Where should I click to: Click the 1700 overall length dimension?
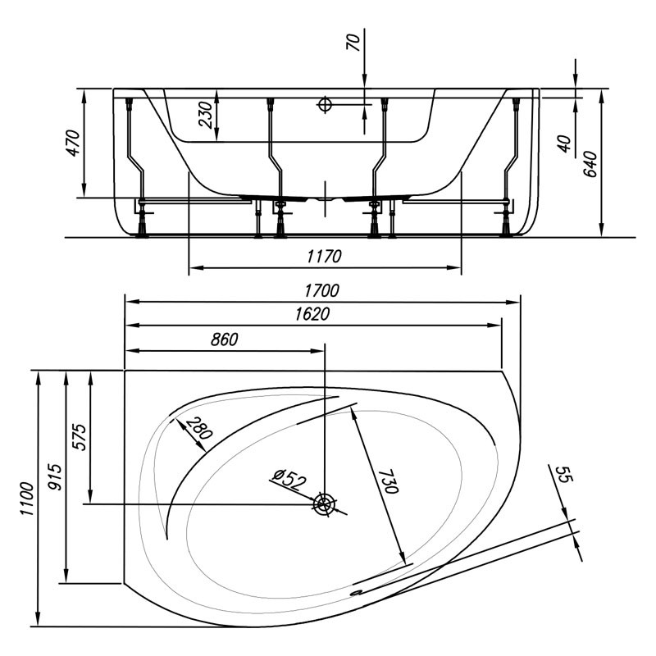[x=323, y=291]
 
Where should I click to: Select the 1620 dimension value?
[x=312, y=315]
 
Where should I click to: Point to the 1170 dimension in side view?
[x=324, y=257]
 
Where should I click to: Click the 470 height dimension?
[x=73, y=143]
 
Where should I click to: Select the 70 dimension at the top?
[x=353, y=43]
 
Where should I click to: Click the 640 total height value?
[x=590, y=164]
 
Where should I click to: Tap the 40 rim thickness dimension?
[x=563, y=143]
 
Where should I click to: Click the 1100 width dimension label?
[x=27, y=499]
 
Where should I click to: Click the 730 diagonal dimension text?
[x=388, y=476]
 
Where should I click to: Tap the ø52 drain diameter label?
[x=288, y=478]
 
